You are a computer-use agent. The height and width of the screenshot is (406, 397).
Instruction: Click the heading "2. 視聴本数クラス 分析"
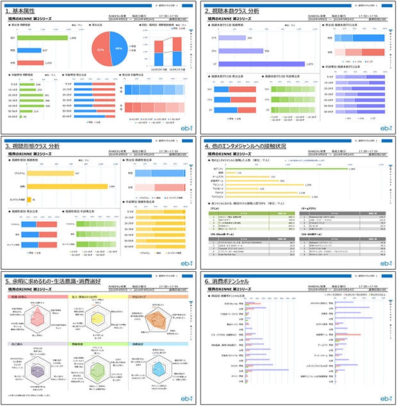coord(241,11)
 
